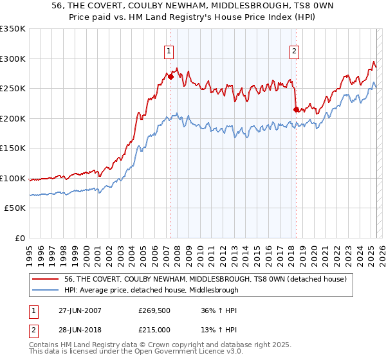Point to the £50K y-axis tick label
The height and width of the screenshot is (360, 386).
pyautogui.click(x=14, y=208)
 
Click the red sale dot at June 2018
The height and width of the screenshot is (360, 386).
pyautogui.click(x=296, y=109)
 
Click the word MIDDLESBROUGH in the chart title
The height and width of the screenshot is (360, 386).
pyautogui.click(x=244, y=6)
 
